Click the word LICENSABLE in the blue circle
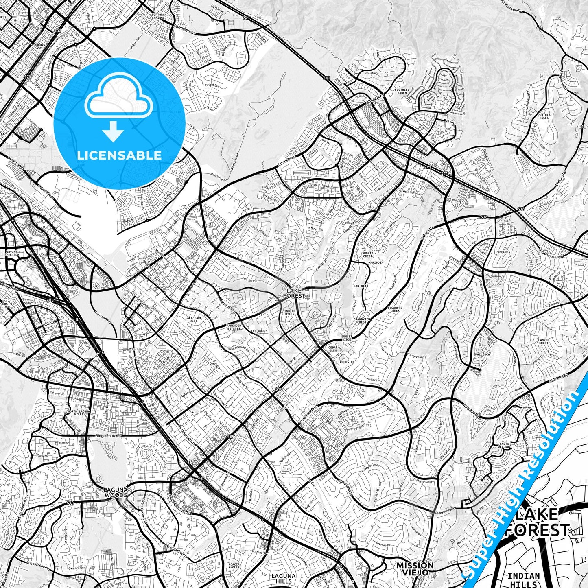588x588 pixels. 119,155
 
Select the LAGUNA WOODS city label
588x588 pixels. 116,492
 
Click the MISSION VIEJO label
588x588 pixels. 415,568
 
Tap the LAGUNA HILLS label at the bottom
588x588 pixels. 283,579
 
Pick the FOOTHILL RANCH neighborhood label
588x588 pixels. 401,91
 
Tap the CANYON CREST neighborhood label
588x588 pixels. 544,341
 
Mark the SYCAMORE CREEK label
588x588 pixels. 395,309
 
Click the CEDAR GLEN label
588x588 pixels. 333,349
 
